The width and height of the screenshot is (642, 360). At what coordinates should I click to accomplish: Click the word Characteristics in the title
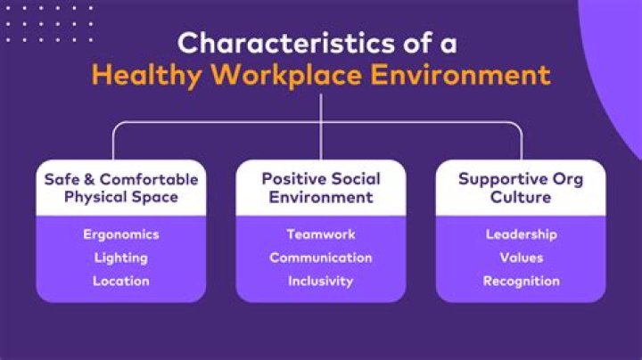(286, 43)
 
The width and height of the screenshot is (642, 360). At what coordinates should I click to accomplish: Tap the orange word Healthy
(146, 76)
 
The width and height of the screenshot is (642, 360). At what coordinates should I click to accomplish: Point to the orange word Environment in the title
(461, 75)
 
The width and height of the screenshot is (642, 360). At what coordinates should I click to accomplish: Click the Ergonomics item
(121, 235)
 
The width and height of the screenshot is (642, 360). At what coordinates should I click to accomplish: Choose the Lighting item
(121, 258)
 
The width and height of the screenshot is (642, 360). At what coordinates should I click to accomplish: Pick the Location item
(121, 281)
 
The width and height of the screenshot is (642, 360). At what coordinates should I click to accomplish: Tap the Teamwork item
(321, 234)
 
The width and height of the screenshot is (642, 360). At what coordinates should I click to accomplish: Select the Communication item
(321, 258)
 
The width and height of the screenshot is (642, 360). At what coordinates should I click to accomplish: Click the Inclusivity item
(321, 282)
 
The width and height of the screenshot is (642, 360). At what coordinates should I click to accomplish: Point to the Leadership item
(522, 235)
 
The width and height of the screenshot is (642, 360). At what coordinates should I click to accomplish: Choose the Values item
(522, 258)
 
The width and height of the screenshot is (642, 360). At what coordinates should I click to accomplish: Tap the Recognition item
(522, 282)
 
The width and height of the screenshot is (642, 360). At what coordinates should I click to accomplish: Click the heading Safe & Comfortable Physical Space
(121, 188)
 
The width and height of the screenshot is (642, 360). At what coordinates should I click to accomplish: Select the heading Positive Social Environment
(321, 188)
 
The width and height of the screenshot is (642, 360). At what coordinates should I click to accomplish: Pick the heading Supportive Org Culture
(521, 188)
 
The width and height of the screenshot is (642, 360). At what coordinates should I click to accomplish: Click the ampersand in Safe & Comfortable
(89, 180)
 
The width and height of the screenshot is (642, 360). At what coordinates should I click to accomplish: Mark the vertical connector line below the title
(321, 127)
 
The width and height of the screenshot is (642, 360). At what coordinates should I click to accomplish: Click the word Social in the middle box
(356, 179)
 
